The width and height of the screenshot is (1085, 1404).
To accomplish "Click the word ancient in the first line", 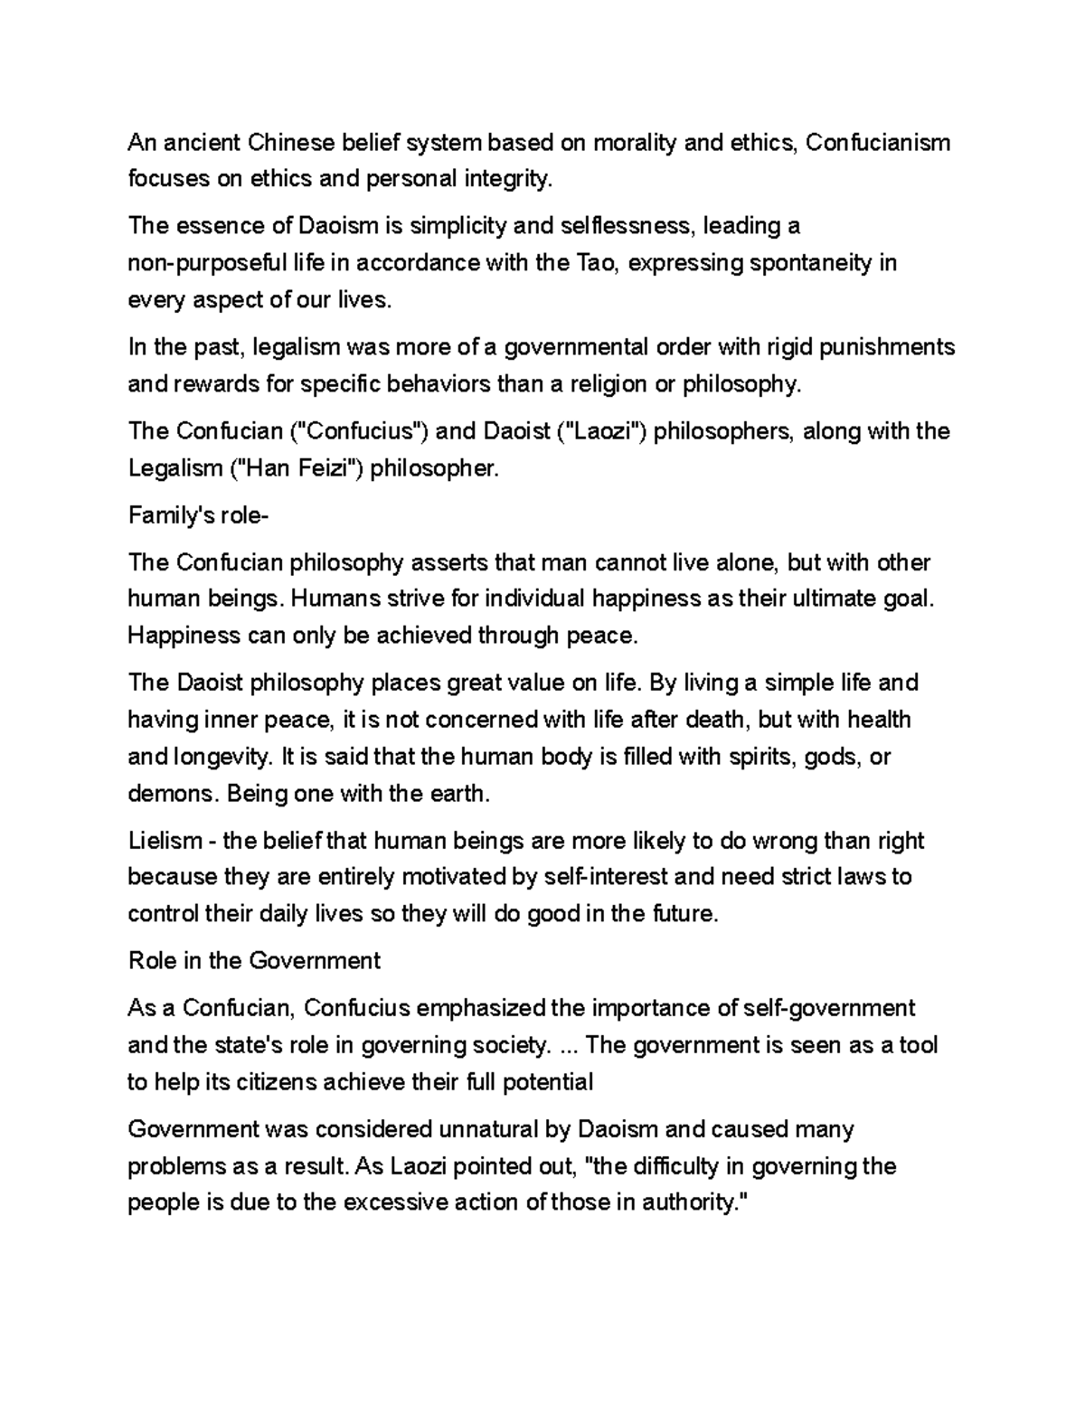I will (x=200, y=143).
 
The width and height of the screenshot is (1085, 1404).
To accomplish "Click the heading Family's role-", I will (x=199, y=515).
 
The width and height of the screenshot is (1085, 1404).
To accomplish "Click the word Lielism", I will (x=165, y=841).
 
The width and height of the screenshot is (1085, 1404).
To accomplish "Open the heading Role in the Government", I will (x=254, y=961).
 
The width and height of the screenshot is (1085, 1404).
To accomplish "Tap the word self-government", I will (x=828, y=1008).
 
